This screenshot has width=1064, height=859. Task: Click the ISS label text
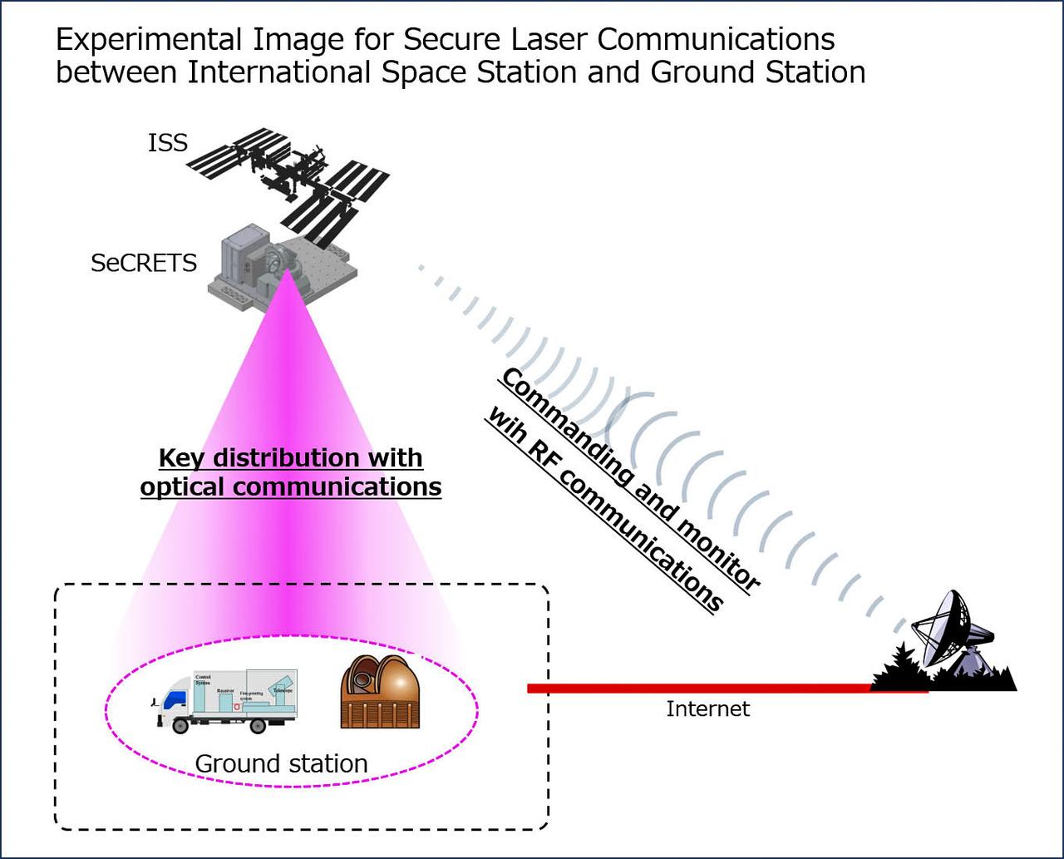pyautogui.click(x=168, y=143)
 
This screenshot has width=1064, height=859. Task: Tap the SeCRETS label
pyautogui.click(x=144, y=264)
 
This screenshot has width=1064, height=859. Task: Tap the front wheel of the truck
pyautogui.click(x=180, y=724)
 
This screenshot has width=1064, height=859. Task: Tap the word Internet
pyautogui.click(x=708, y=709)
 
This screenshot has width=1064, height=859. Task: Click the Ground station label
pyautogui.click(x=281, y=763)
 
